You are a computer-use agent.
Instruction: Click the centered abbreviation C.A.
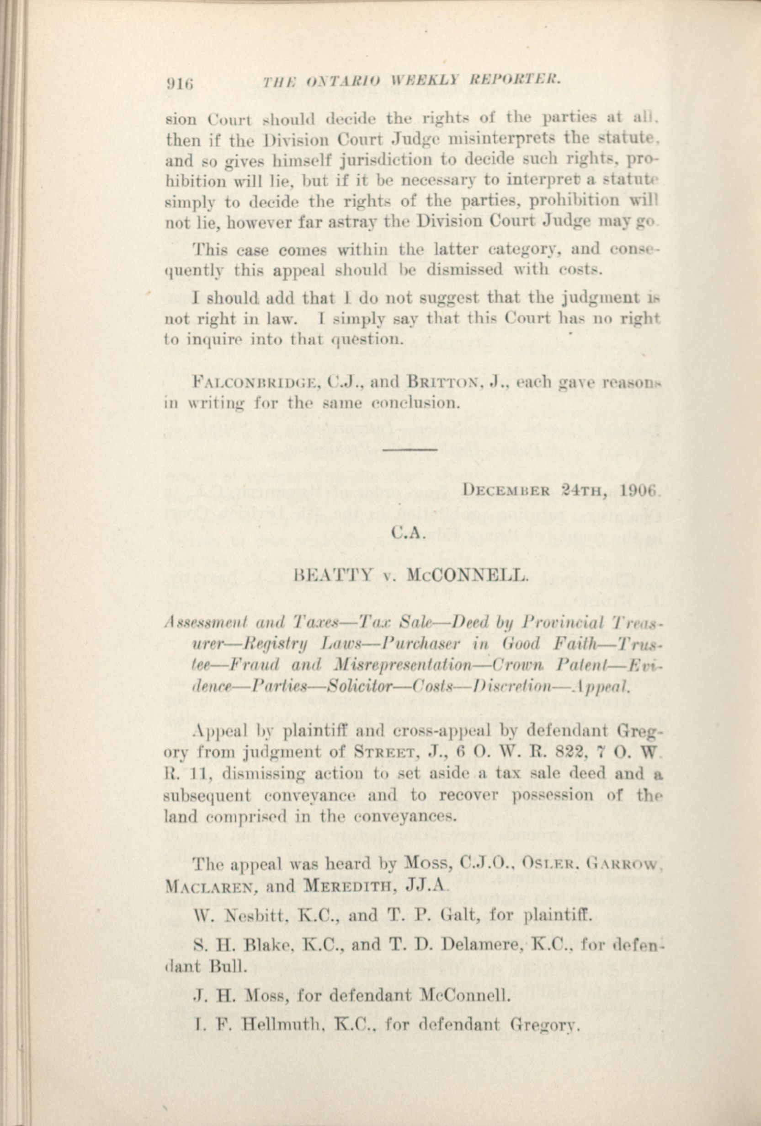(x=409, y=534)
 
